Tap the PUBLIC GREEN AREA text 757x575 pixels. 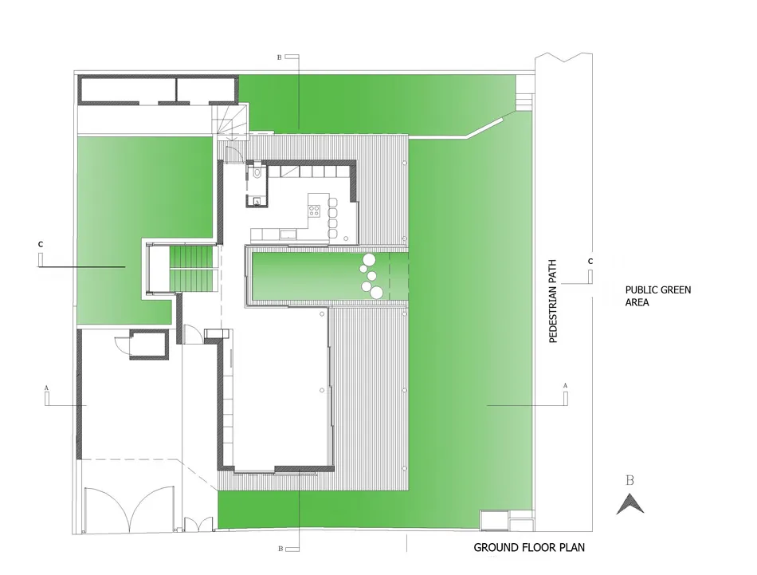click(x=657, y=296)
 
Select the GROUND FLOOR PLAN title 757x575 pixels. click(x=529, y=547)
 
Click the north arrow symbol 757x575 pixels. click(x=630, y=503)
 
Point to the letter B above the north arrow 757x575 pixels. click(x=630, y=480)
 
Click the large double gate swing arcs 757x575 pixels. click(x=132, y=510)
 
